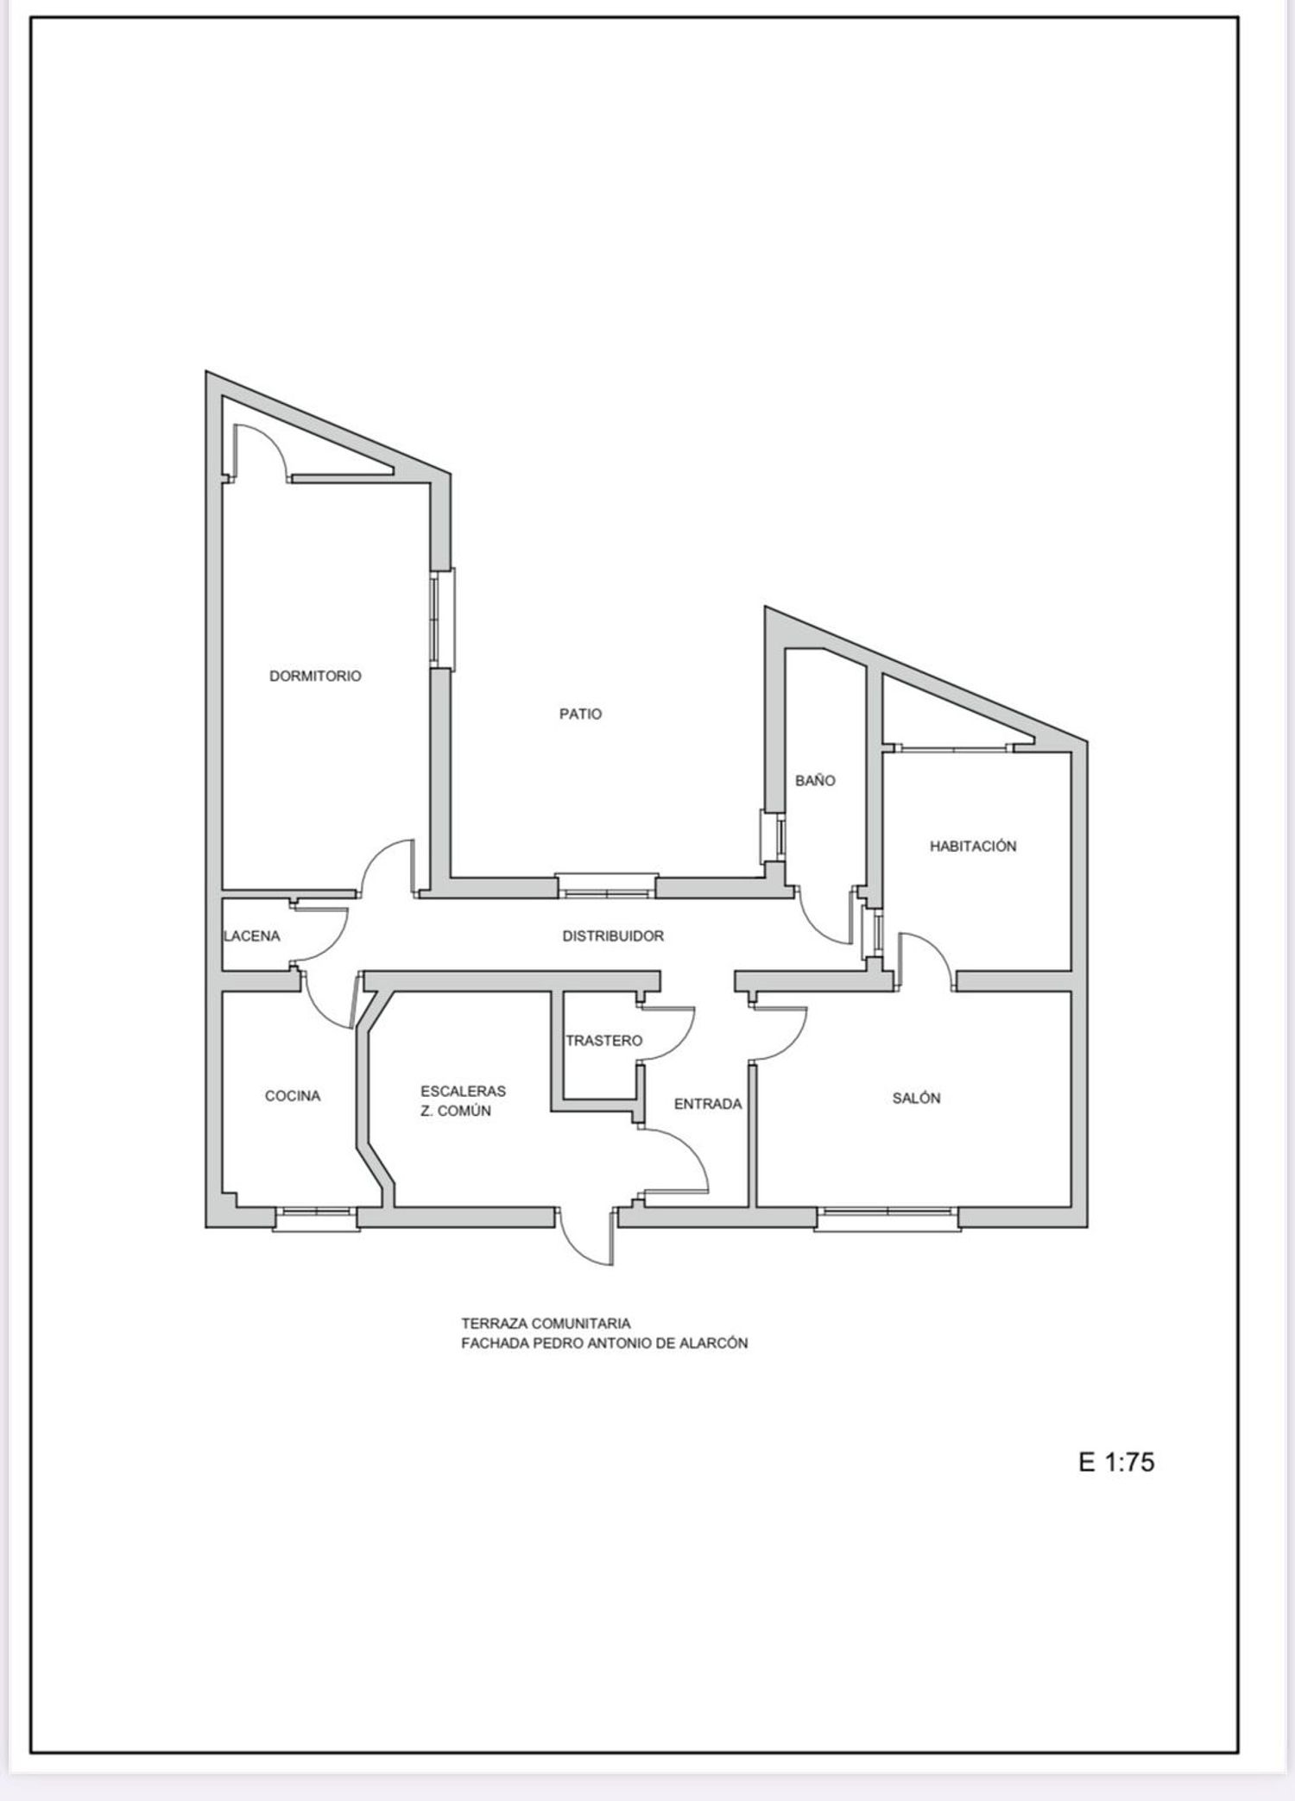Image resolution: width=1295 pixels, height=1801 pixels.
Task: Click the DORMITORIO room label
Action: tap(315, 676)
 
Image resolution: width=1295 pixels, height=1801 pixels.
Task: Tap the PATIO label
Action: tap(580, 714)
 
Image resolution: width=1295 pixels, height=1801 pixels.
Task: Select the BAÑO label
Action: tap(815, 780)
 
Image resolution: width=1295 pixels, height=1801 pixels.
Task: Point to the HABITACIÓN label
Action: tap(973, 846)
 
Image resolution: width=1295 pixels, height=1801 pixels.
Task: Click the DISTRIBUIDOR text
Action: tap(613, 935)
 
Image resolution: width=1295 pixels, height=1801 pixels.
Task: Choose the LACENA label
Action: tap(252, 935)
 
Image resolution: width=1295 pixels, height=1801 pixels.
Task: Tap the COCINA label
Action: tap(293, 1096)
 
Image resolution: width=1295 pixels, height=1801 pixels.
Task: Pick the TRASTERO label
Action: tap(604, 1041)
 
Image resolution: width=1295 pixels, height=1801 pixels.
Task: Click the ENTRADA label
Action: tap(708, 1104)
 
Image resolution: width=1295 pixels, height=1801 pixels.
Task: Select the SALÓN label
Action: tap(917, 1098)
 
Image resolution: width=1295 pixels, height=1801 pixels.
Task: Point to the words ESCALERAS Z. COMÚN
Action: tap(463, 1100)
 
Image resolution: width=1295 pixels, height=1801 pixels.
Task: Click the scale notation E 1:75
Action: tap(1116, 1462)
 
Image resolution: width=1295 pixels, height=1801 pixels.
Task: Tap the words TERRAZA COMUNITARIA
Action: tap(546, 1323)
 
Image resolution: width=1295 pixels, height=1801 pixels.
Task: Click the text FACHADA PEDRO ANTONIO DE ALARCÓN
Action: tap(604, 1343)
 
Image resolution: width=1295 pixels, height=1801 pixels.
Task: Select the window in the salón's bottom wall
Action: tap(888, 1219)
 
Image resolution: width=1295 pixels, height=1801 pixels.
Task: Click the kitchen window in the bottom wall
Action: tap(316, 1218)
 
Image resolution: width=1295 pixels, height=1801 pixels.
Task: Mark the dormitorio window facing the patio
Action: tap(442, 618)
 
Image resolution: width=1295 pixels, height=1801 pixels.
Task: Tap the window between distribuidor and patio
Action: tap(606, 887)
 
